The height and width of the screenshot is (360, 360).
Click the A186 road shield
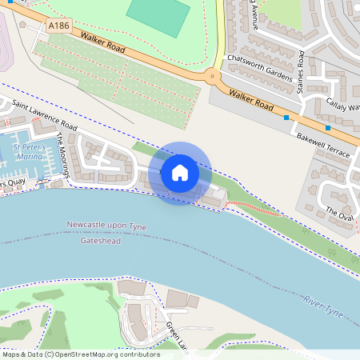coord(58,26)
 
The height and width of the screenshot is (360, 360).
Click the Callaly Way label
coord(342,106)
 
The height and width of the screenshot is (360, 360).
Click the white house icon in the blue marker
coord(180,172)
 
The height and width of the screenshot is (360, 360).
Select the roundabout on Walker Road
coord(213,78)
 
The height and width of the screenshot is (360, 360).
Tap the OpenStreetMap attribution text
coord(80,354)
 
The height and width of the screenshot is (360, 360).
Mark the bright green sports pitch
coord(158,11)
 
